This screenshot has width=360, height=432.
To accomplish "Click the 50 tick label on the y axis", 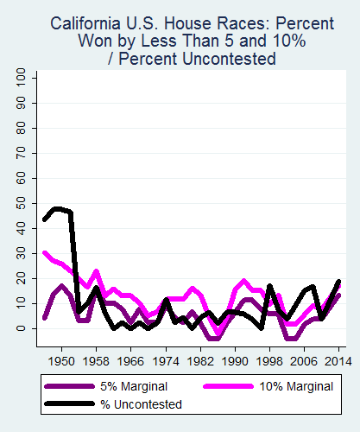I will coord(21,204).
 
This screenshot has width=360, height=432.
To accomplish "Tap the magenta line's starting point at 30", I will coord(44,253).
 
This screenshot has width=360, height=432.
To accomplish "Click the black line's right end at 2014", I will coord(338,282).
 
